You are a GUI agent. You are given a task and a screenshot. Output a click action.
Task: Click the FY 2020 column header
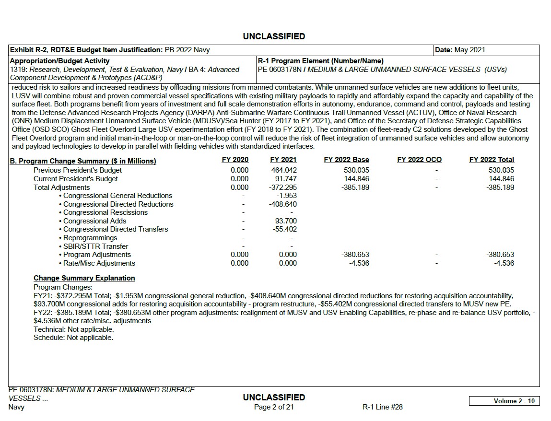(x=235, y=160)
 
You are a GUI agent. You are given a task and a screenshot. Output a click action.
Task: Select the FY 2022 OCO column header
(x=419, y=160)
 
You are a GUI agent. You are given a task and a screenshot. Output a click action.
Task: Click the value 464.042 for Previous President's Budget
(x=283, y=170)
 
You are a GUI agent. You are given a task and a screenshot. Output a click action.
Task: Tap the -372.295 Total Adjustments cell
(x=283, y=187)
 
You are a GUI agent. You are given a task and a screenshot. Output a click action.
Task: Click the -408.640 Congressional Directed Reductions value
(x=283, y=204)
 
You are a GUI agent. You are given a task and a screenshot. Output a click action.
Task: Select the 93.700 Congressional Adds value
(x=286, y=221)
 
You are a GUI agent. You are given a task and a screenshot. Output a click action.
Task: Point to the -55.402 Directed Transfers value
(x=285, y=229)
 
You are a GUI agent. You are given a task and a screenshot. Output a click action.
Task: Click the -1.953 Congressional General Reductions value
(x=287, y=196)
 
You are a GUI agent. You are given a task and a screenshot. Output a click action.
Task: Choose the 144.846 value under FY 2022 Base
(x=357, y=179)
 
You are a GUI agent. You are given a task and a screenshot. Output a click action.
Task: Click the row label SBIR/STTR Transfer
(x=95, y=246)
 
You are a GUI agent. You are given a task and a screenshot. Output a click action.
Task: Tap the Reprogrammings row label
(x=90, y=238)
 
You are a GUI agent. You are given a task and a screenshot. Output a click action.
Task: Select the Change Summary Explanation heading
(x=84, y=278)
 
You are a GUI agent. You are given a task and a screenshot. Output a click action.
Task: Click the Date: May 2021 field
(x=460, y=50)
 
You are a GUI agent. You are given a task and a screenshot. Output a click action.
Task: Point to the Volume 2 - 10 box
(x=504, y=401)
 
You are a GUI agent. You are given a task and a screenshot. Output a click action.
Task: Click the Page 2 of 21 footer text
(x=274, y=407)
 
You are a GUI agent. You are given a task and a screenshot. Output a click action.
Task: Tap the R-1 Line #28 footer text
(x=382, y=407)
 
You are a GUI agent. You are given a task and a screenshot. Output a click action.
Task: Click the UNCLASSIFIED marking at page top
(x=274, y=36)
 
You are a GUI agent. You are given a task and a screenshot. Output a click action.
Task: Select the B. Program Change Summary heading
(x=83, y=161)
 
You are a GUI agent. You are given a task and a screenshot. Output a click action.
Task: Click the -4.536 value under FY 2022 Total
(x=504, y=263)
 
